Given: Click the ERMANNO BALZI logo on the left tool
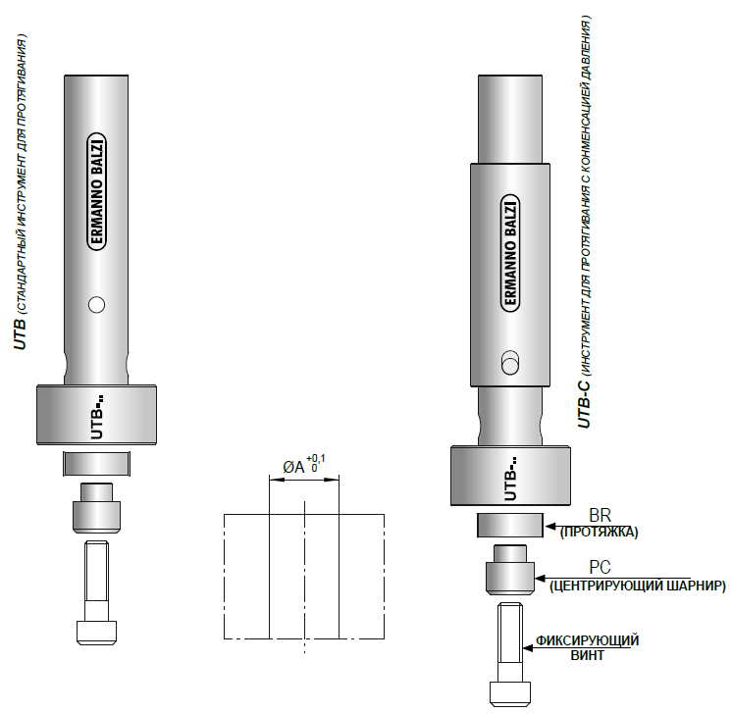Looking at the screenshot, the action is point(96,192).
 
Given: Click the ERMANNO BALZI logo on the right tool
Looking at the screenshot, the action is point(510,253).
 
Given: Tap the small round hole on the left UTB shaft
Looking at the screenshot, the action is point(96,305).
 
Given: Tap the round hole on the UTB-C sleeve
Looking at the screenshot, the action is point(510,363).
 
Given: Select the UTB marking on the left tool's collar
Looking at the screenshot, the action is point(97,418).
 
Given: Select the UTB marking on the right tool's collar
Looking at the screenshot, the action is point(511,479).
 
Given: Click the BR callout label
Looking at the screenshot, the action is point(600,515).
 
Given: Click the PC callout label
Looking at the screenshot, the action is point(600,568).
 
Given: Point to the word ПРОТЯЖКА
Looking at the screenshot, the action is point(599,533).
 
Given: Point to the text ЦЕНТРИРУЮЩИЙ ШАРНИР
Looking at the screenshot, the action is point(638,586).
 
